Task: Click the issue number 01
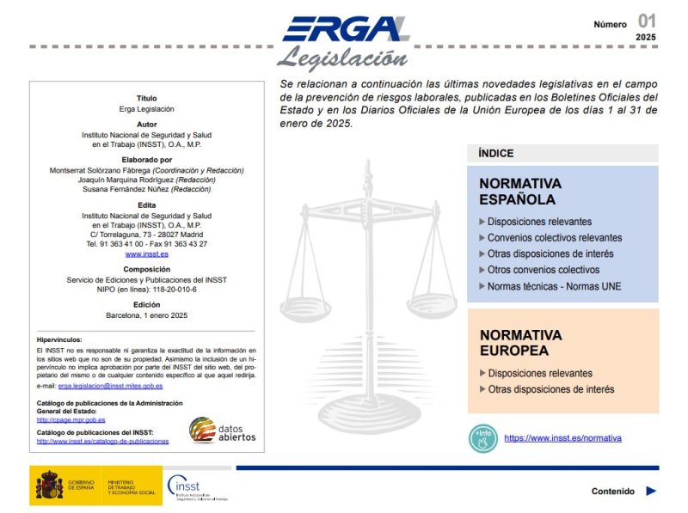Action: pyautogui.click(x=647, y=21)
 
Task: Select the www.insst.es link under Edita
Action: pyautogui.click(x=146, y=254)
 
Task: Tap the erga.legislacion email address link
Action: pyautogui.click(x=110, y=387)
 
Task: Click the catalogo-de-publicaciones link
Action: pyautogui.click(x=102, y=442)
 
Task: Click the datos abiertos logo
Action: pyautogui.click(x=222, y=430)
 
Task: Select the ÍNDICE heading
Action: pyautogui.click(x=496, y=154)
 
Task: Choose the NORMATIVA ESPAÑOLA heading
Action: pyautogui.click(x=520, y=192)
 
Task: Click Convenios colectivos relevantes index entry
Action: pyautogui.click(x=554, y=238)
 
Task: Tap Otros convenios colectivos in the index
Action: pyautogui.click(x=543, y=271)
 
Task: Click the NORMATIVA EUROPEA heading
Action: pyautogui.click(x=520, y=343)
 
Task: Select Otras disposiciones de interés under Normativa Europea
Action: pyautogui.click(x=550, y=389)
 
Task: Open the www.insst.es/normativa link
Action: pyautogui.click(x=562, y=438)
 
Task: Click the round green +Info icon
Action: pyautogui.click(x=483, y=438)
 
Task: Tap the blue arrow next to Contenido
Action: pyautogui.click(x=651, y=492)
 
